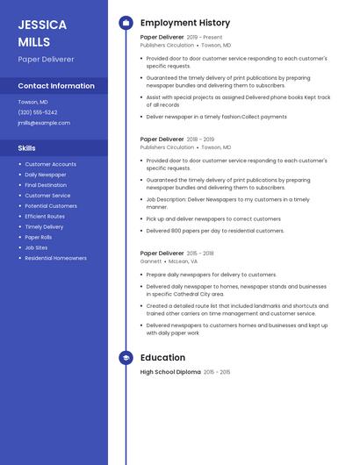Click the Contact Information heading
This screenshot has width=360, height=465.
pyautogui.click(x=56, y=86)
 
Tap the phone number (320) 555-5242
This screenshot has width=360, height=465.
pyautogui.click(x=38, y=112)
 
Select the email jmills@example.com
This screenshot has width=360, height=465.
pyautogui.click(x=44, y=123)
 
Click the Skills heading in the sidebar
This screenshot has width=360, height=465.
pyautogui.click(x=27, y=148)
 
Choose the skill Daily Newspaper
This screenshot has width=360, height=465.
pyautogui.click(x=46, y=175)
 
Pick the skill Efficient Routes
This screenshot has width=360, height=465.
pyautogui.click(x=45, y=217)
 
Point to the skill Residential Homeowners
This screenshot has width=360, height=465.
pyautogui.click(x=56, y=258)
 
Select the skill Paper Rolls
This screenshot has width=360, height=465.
pyautogui.click(x=39, y=237)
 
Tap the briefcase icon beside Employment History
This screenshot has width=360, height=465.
pyautogui.click(x=126, y=23)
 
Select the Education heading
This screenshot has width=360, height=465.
pyautogui.click(x=162, y=357)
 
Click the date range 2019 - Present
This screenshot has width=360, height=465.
pyautogui.click(x=205, y=38)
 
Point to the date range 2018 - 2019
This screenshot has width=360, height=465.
pyautogui.click(x=200, y=139)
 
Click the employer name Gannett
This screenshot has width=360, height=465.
pyautogui.click(x=151, y=261)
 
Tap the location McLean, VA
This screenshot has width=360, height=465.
pyautogui.click(x=182, y=261)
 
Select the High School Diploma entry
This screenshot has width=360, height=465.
pyautogui.click(x=170, y=372)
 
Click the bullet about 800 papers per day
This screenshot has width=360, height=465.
pyautogui.click(x=215, y=231)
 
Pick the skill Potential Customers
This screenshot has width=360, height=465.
pyautogui.click(x=51, y=206)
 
